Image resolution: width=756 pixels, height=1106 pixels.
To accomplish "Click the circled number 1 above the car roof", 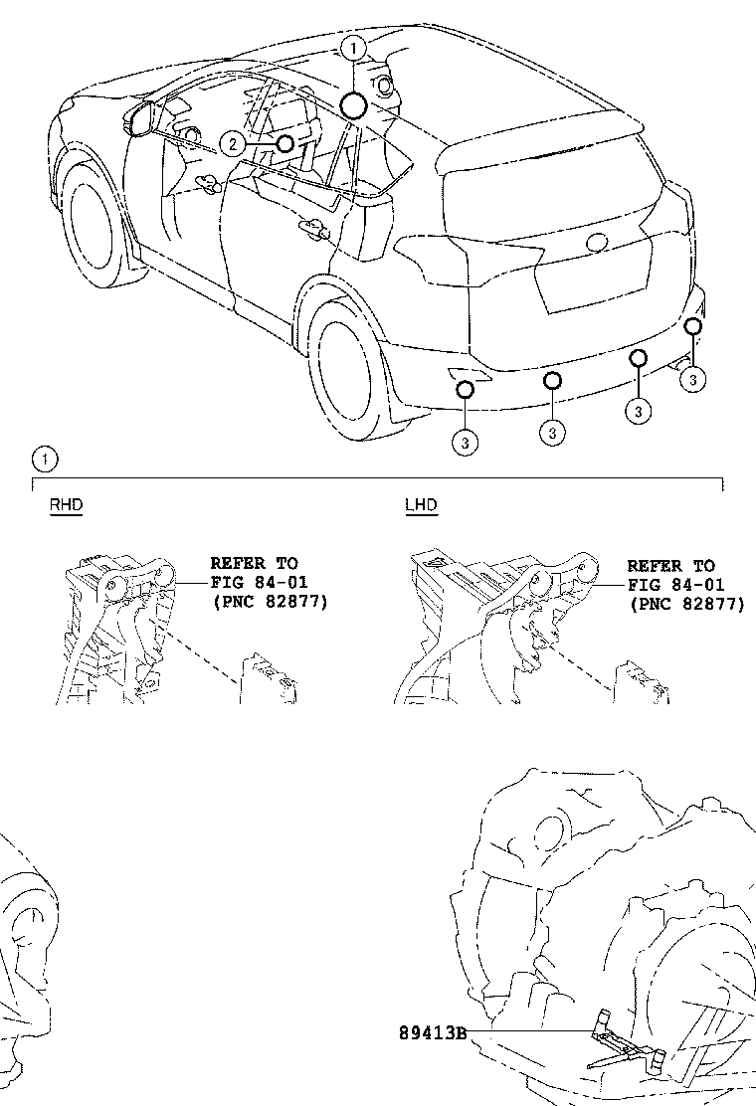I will [354, 47].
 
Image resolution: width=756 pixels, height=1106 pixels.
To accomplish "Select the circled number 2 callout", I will [232, 144].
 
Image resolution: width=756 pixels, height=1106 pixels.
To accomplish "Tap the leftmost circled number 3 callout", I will [465, 442].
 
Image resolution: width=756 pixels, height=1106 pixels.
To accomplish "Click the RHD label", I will [67, 505].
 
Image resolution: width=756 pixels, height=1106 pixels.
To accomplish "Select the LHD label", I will [421, 505].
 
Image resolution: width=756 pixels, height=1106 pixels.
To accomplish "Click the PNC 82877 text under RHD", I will [269, 602].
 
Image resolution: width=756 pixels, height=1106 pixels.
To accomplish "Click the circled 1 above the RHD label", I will [45, 460].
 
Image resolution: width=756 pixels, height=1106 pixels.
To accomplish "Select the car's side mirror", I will [140, 117].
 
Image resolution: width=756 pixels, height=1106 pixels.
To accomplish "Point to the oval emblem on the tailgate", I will [597, 242].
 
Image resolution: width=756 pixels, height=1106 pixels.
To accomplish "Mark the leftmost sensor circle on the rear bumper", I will [465, 389].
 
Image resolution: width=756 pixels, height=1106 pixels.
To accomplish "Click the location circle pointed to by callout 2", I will [284, 143].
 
